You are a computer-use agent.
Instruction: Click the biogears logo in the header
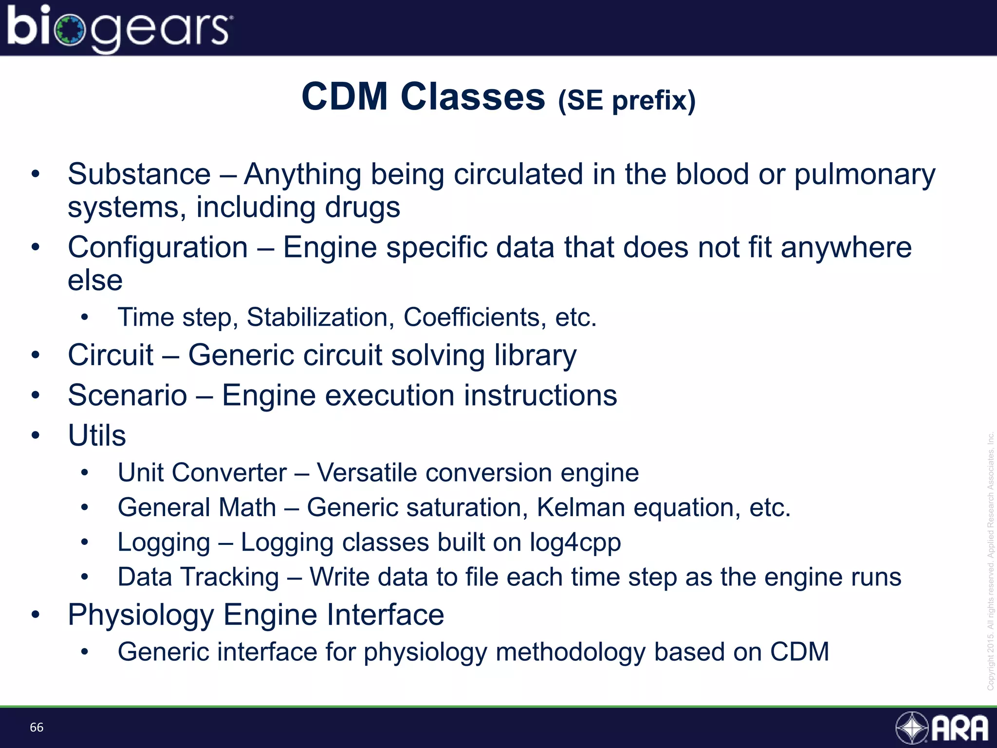tap(119, 28)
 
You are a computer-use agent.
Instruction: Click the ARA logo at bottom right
tap(942, 728)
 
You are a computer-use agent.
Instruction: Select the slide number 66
tap(37, 728)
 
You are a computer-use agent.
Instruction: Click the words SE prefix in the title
tap(627, 101)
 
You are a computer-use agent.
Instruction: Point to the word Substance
tap(139, 174)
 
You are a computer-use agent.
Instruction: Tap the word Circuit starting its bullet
tap(111, 355)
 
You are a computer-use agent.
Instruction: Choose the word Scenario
tap(128, 395)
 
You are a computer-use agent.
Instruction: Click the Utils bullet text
tap(97, 435)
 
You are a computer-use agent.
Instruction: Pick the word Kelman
tap(581, 507)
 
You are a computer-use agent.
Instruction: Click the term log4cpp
tap(575, 543)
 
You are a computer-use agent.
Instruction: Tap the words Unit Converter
tap(202, 473)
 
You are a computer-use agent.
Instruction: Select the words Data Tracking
tap(198, 577)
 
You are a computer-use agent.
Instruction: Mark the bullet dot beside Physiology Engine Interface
tap(35, 615)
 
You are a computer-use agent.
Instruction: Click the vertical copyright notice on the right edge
tap(990, 560)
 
